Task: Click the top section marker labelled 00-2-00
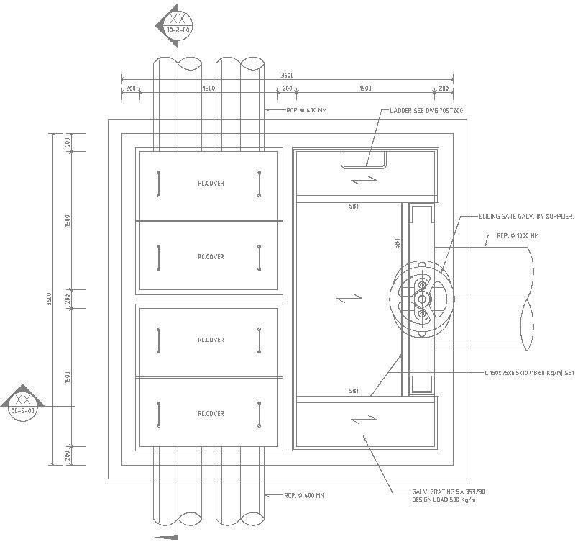click(177, 27)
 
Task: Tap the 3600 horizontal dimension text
click(287, 75)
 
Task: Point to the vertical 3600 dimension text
click(48, 298)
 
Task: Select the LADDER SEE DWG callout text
click(417, 111)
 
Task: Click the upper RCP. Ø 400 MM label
click(306, 110)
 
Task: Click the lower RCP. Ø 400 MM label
click(304, 495)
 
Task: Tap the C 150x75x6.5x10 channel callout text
click(530, 373)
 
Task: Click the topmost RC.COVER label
click(211, 184)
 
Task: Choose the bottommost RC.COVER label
click(211, 414)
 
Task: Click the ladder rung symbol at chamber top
click(364, 159)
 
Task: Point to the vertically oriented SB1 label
click(397, 245)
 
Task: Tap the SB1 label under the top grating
click(354, 206)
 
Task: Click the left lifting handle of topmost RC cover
click(159, 184)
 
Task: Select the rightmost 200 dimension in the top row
click(444, 89)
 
